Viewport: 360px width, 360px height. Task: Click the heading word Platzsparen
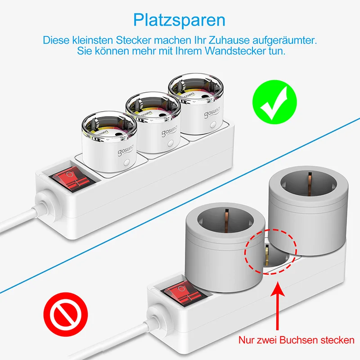tap(179, 21)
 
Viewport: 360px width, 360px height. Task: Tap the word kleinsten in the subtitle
tap(88, 40)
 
